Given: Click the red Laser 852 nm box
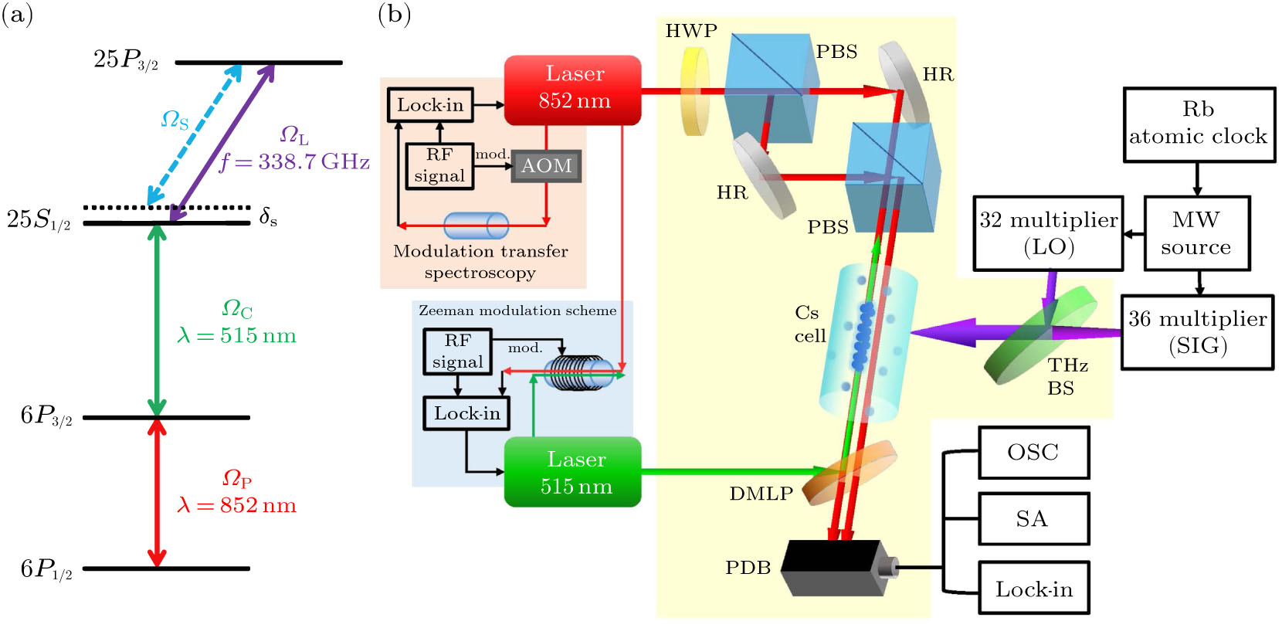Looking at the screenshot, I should pyautogui.click(x=572, y=89).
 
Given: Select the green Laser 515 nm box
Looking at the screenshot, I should pyautogui.click(x=572, y=472).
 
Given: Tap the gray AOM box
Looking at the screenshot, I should pyautogui.click(x=546, y=165).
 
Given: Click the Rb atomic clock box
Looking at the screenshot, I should pyautogui.click(x=1198, y=124).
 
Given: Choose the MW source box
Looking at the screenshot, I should pyautogui.click(x=1196, y=233).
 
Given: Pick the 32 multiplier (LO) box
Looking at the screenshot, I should pyautogui.click(x=1048, y=233).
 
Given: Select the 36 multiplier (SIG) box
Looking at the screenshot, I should pyautogui.click(x=1196, y=332).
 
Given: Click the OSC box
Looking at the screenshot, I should pyautogui.click(x=1033, y=453).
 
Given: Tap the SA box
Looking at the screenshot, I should pyautogui.click(x=1033, y=518).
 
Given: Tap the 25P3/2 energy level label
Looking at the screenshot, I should pyautogui.click(x=125, y=59).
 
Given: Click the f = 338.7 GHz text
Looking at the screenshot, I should pyautogui.click(x=294, y=161).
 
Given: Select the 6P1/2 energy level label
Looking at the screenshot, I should pyautogui.click(x=46, y=569).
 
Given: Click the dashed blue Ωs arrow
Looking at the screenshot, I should pyautogui.click(x=193, y=137).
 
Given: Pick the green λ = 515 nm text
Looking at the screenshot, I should pyautogui.click(x=236, y=335).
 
